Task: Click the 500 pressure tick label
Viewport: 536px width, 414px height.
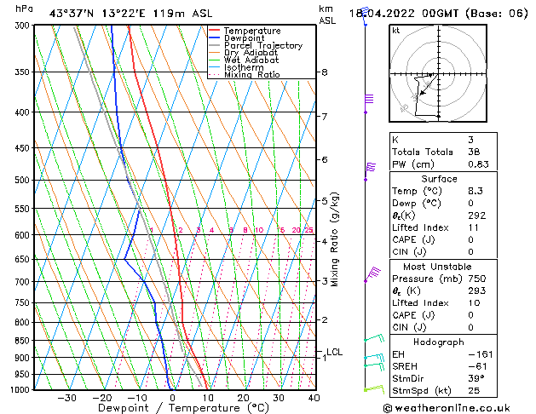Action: click(x=22, y=180)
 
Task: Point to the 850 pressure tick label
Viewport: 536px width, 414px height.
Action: click(x=22, y=340)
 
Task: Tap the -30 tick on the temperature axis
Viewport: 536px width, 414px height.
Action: click(x=66, y=397)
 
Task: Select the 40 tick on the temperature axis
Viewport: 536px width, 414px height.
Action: click(x=314, y=397)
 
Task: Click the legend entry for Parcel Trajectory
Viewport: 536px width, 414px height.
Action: click(x=262, y=46)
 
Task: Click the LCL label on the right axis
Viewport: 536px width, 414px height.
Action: click(x=334, y=352)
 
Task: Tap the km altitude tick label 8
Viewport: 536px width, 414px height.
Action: click(x=324, y=72)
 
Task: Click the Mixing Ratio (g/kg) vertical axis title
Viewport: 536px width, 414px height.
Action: click(x=335, y=239)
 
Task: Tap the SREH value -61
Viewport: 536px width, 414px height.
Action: click(x=478, y=365)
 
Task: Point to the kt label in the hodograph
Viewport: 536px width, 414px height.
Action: click(x=396, y=31)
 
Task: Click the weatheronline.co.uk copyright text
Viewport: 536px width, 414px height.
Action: click(x=458, y=408)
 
